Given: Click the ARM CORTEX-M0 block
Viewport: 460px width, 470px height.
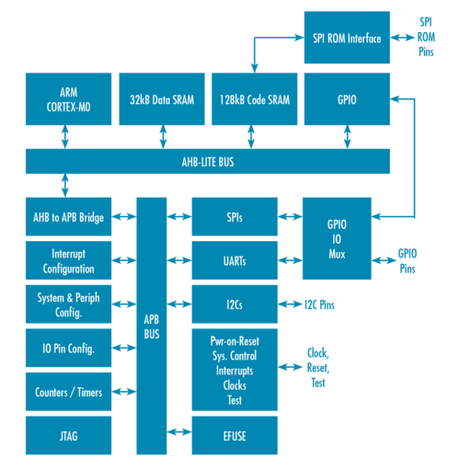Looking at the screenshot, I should click(68, 98).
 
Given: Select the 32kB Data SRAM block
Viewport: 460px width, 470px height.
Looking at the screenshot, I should click(161, 98).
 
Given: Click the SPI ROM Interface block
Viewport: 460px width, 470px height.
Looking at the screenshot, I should click(346, 38).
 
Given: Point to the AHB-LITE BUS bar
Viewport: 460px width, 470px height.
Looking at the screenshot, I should click(207, 162).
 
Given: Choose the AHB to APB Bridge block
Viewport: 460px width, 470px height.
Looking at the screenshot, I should click(68, 218).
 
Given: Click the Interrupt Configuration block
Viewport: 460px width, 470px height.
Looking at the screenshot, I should click(68, 261).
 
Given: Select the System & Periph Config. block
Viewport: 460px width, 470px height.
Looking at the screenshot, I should click(68, 305).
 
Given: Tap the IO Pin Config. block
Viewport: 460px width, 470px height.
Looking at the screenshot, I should click(68, 349).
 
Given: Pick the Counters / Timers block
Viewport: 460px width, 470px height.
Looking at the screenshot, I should click(68, 392).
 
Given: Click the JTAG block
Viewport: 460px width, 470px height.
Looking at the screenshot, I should click(68, 435).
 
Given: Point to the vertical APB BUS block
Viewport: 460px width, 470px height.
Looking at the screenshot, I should click(152, 327).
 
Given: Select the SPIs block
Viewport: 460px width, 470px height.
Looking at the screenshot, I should click(235, 218).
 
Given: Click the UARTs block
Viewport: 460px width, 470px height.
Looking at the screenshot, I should click(235, 261).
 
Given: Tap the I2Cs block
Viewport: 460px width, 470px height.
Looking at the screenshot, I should click(235, 304).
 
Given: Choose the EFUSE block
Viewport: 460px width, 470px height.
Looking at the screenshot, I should click(235, 435).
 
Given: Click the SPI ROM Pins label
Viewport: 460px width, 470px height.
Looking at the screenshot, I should click(427, 38).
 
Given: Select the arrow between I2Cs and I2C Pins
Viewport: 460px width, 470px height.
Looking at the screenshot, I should click(291, 304).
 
